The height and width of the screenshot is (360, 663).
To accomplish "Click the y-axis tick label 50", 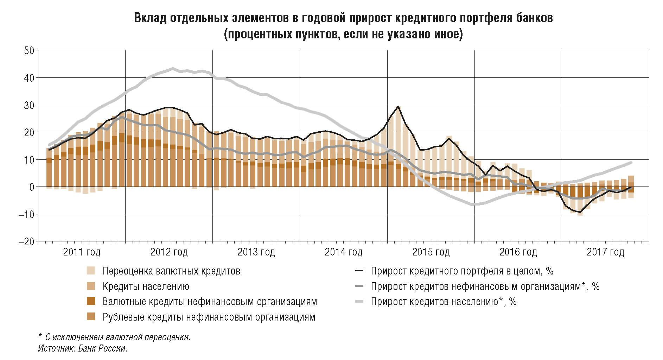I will point(29,50).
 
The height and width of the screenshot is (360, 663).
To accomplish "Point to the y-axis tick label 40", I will point(29,78).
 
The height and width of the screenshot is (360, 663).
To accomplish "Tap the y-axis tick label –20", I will point(26,241).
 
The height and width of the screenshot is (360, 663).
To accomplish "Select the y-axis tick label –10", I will point(26,214).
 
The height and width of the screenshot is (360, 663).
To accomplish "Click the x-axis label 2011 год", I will point(82,252).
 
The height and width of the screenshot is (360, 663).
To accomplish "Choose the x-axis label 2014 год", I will point(343,252).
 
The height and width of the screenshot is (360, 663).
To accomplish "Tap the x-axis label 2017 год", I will point(605,252).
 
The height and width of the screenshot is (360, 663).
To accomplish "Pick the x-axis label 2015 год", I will point(431,252).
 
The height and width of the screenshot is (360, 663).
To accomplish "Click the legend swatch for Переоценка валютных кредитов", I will point(91,271).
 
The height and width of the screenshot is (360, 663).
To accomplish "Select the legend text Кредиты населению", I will point(146,286).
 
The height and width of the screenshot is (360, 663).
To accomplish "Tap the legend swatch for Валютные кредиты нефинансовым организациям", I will point(91,302).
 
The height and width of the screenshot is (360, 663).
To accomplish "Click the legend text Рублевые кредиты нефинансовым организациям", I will point(209,317).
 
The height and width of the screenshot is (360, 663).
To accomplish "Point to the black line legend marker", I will point(359,271).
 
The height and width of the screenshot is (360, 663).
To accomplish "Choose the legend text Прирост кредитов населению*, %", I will point(444,302).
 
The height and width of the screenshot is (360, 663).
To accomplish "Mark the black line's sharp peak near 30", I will point(398,106).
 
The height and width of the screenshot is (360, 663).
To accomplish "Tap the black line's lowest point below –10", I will point(580,212).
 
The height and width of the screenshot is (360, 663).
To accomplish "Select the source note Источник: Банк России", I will point(83,348).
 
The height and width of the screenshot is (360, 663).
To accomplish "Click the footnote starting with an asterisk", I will point(114,337).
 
